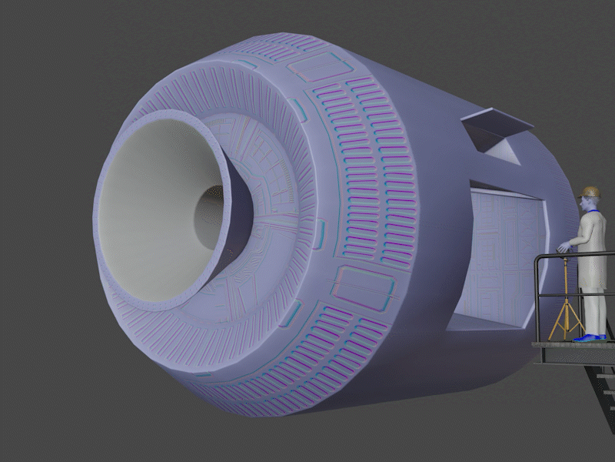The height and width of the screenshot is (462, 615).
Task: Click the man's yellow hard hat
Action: click(x=590, y=191)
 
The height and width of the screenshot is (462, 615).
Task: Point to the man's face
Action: click(x=588, y=204)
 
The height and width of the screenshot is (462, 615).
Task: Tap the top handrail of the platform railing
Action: click(x=577, y=255)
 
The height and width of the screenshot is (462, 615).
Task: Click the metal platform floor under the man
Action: click(x=569, y=350)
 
